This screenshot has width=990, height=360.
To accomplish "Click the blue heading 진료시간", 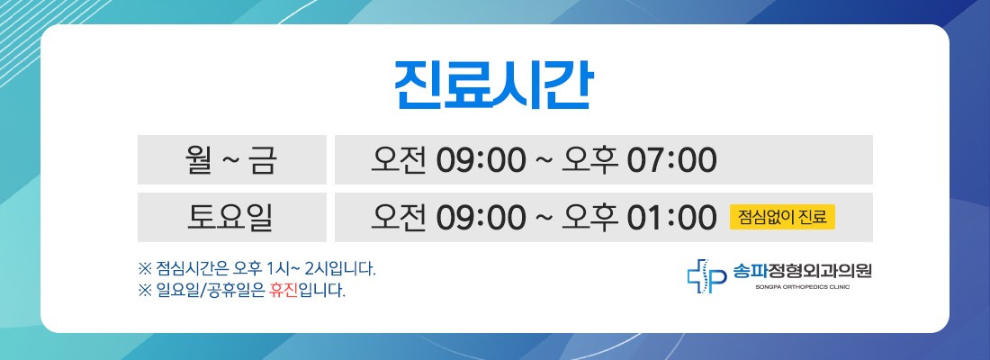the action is click(494, 85).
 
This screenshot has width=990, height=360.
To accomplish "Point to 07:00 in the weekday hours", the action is click(671, 160).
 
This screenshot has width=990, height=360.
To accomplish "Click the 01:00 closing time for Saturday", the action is click(671, 218).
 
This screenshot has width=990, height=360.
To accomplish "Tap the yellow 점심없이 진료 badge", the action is click(782, 217).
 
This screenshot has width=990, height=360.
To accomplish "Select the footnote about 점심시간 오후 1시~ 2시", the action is click(257, 270).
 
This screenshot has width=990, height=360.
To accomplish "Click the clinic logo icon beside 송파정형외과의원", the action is click(707, 276).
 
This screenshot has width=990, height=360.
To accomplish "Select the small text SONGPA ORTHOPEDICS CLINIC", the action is click(802, 287).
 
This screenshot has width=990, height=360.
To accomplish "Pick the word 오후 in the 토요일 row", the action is click(589, 217).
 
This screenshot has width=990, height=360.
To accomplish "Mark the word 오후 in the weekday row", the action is click(589, 160).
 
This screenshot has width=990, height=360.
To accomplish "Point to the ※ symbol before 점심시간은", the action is click(145, 270).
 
